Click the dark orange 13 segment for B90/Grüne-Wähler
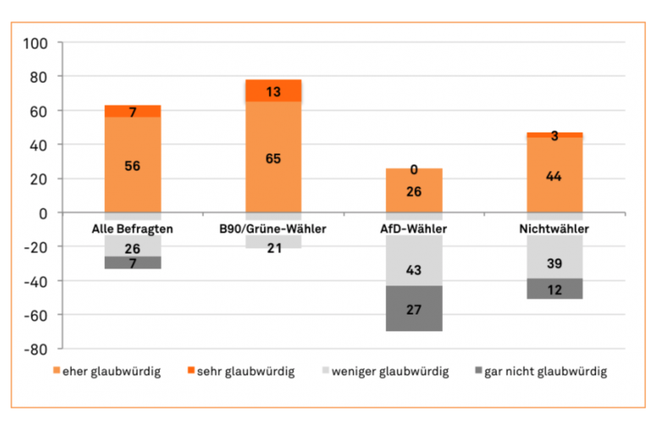(x=273, y=91)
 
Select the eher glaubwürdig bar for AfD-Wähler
(x=414, y=190)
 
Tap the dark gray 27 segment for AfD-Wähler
(x=414, y=308)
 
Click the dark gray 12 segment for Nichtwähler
(x=554, y=289)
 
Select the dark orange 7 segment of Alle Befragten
(x=133, y=111)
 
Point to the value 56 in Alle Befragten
(x=132, y=166)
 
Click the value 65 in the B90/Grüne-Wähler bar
(x=273, y=159)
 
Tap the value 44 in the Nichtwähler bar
(x=554, y=176)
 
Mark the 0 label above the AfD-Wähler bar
(x=414, y=170)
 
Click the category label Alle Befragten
(x=132, y=229)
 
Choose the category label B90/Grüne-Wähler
(x=273, y=229)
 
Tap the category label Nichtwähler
(x=554, y=229)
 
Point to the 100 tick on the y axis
(x=36, y=44)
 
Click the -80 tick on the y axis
(x=36, y=350)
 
